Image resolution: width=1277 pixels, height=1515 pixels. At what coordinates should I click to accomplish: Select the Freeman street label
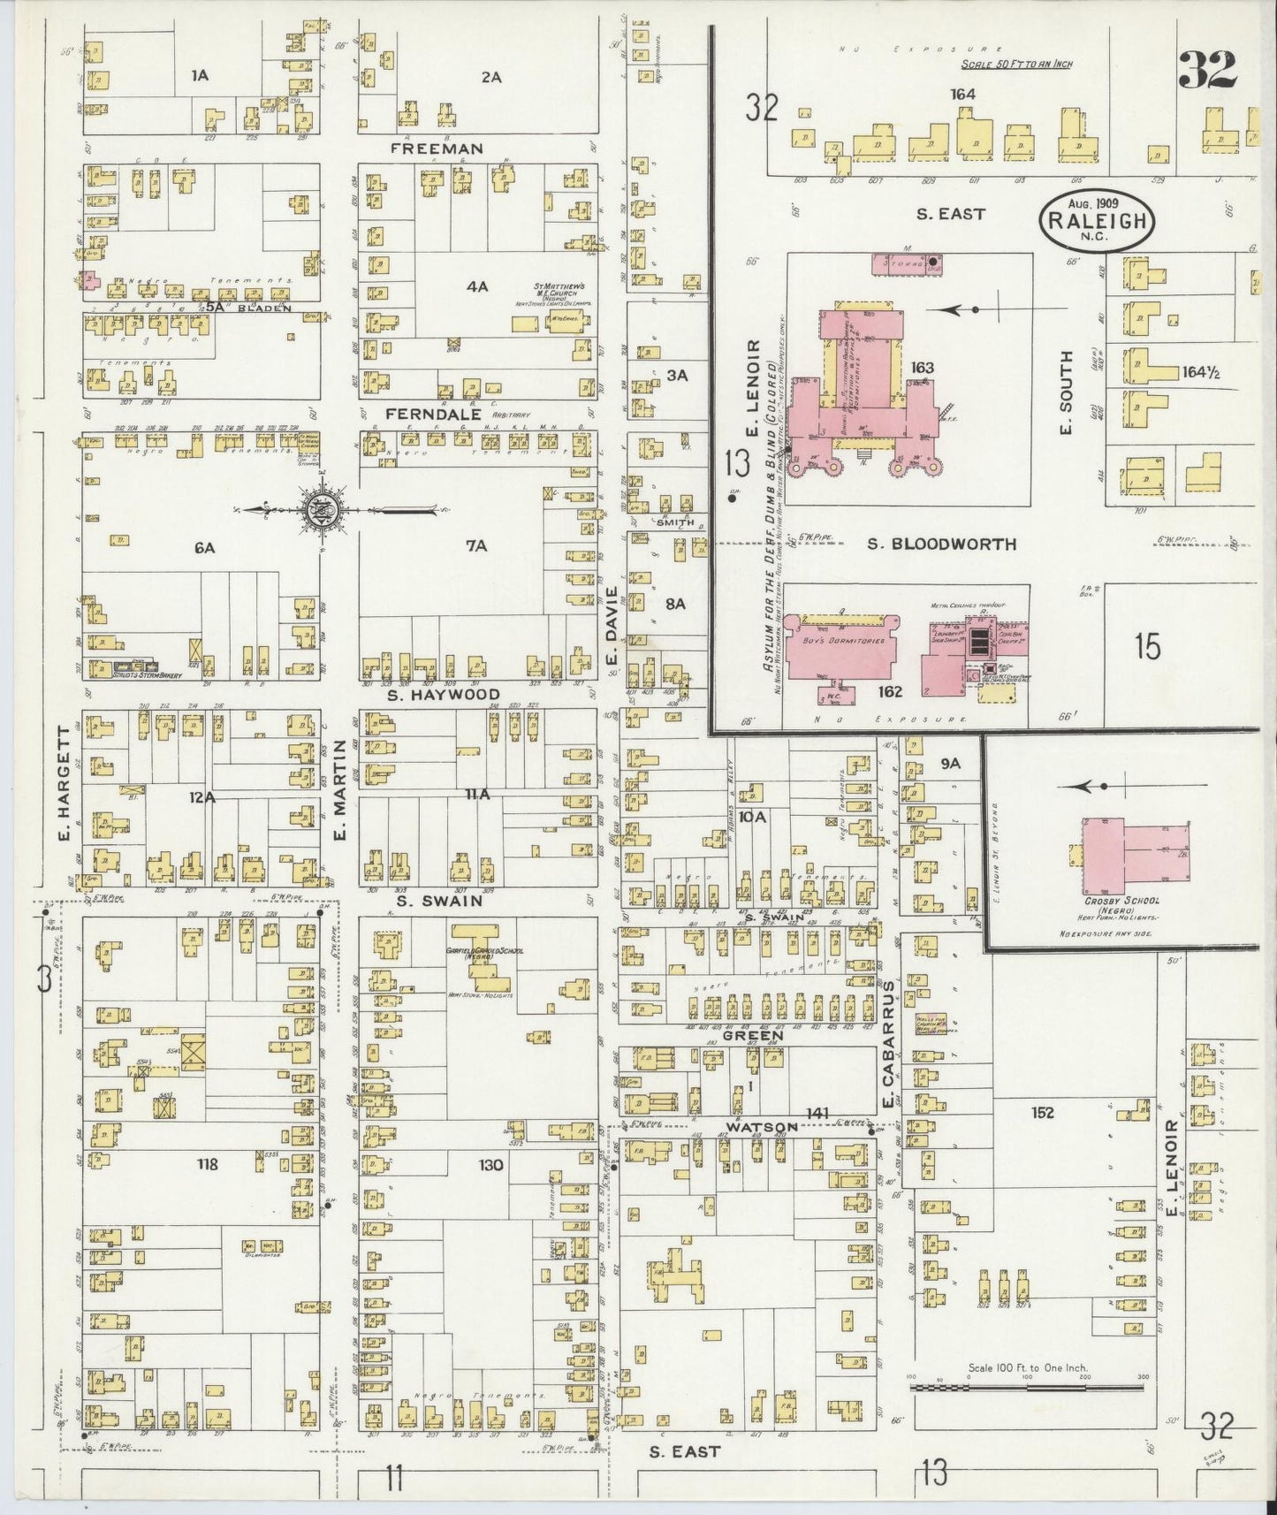[x=437, y=149]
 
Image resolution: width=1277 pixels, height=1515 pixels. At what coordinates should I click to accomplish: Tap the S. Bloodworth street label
[x=941, y=544]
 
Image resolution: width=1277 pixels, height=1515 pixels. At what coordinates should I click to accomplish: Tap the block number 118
[x=209, y=1164]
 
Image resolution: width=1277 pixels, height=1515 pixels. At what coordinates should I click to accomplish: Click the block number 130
[x=490, y=1164]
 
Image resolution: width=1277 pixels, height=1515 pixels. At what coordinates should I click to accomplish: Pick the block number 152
[x=1043, y=1113]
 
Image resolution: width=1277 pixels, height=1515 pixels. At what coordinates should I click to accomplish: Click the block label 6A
[x=205, y=548]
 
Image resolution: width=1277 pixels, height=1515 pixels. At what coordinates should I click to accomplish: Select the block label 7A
[x=476, y=546]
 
